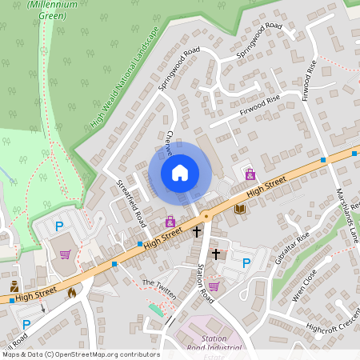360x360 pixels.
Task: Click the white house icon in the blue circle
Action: (x=180, y=172)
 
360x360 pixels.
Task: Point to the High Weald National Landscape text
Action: (x=126, y=76)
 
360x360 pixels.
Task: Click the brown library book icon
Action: (x=240, y=209)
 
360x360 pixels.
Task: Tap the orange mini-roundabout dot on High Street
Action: (x=206, y=216)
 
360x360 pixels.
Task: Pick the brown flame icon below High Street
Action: (x=72, y=293)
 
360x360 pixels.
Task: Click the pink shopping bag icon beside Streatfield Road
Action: (x=170, y=221)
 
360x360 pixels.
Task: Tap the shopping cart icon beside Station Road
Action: (x=214, y=286)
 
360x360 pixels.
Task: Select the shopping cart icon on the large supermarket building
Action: (x=65, y=254)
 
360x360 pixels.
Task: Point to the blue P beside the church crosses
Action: (x=246, y=262)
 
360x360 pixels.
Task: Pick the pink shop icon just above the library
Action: (x=250, y=174)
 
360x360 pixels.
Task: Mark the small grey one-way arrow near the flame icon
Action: (x=42, y=307)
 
